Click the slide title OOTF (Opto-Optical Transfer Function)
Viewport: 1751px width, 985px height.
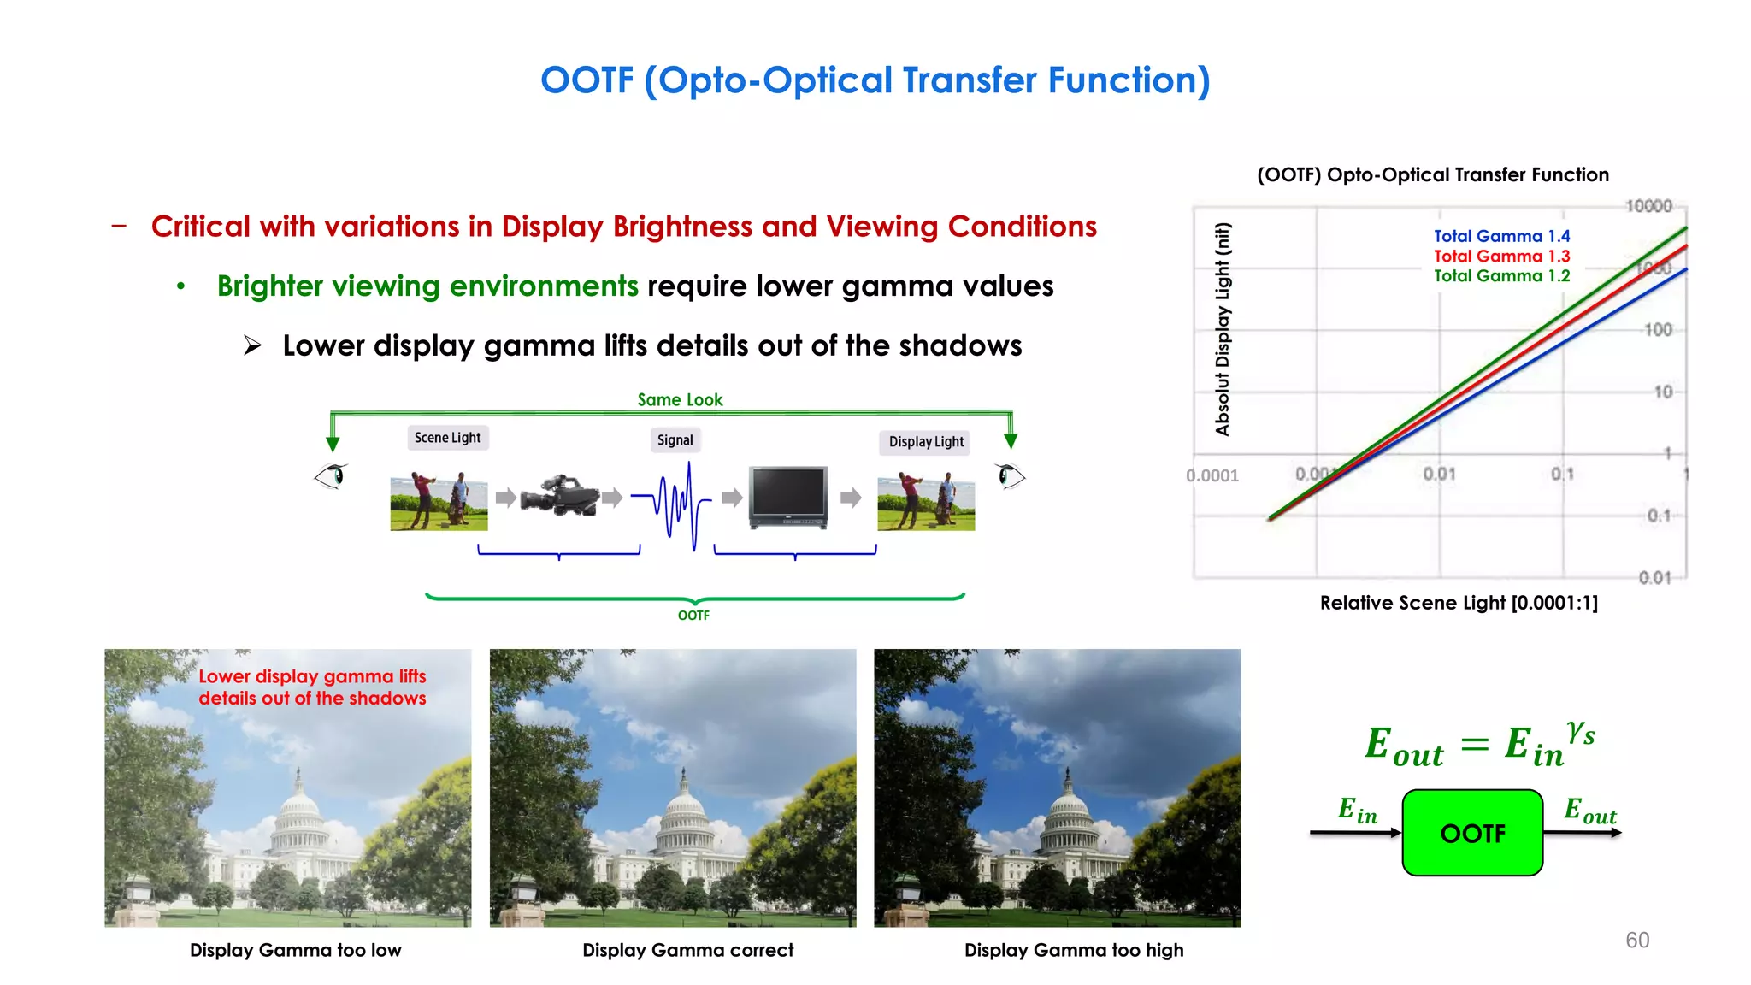(x=875, y=80)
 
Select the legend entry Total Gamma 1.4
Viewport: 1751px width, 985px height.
(x=1501, y=236)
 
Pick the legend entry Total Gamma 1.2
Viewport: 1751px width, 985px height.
(x=1501, y=275)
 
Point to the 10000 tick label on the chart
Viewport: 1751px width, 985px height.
(x=1648, y=206)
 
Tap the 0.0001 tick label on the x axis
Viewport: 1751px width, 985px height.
(x=1212, y=475)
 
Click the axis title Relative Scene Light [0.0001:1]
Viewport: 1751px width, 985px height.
(x=1459, y=603)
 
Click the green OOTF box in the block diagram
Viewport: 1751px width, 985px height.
(x=1472, y=833)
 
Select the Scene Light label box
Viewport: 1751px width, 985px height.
(x=447, y=438)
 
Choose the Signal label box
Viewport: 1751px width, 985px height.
(x=675, y=440)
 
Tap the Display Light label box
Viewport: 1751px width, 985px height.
(x=926, y=442)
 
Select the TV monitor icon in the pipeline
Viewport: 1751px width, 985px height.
(x=787, y=497)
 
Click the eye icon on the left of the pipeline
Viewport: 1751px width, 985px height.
(x=331, y=475)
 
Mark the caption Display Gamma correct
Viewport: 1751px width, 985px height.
(x=687, y=950)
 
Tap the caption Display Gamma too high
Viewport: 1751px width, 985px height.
(x=1074, y=950)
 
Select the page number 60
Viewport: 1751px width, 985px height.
(x=1637, y=941)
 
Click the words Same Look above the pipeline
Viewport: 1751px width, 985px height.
(x=680, y=399)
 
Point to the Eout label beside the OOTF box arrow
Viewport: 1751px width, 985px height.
(x=1589, y=810)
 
